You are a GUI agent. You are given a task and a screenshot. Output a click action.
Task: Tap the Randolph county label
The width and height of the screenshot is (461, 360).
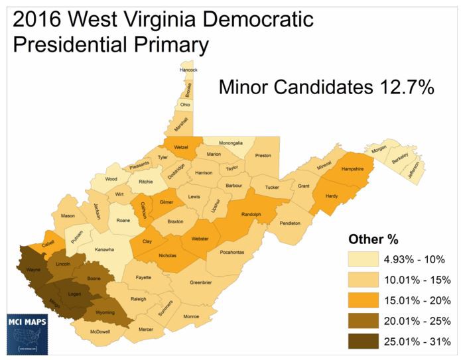[251, 214]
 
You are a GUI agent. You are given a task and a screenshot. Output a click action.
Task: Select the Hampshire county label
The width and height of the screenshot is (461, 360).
[353, 169]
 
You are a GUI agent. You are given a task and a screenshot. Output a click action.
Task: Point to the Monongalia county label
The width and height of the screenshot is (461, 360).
[222, 142]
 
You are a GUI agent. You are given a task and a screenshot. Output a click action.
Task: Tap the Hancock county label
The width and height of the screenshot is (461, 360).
[188, 70]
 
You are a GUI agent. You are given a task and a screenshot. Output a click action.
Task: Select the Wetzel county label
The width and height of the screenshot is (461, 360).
[181, 147]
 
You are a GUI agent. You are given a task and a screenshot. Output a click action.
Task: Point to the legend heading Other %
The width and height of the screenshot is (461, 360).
[374, 239]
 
